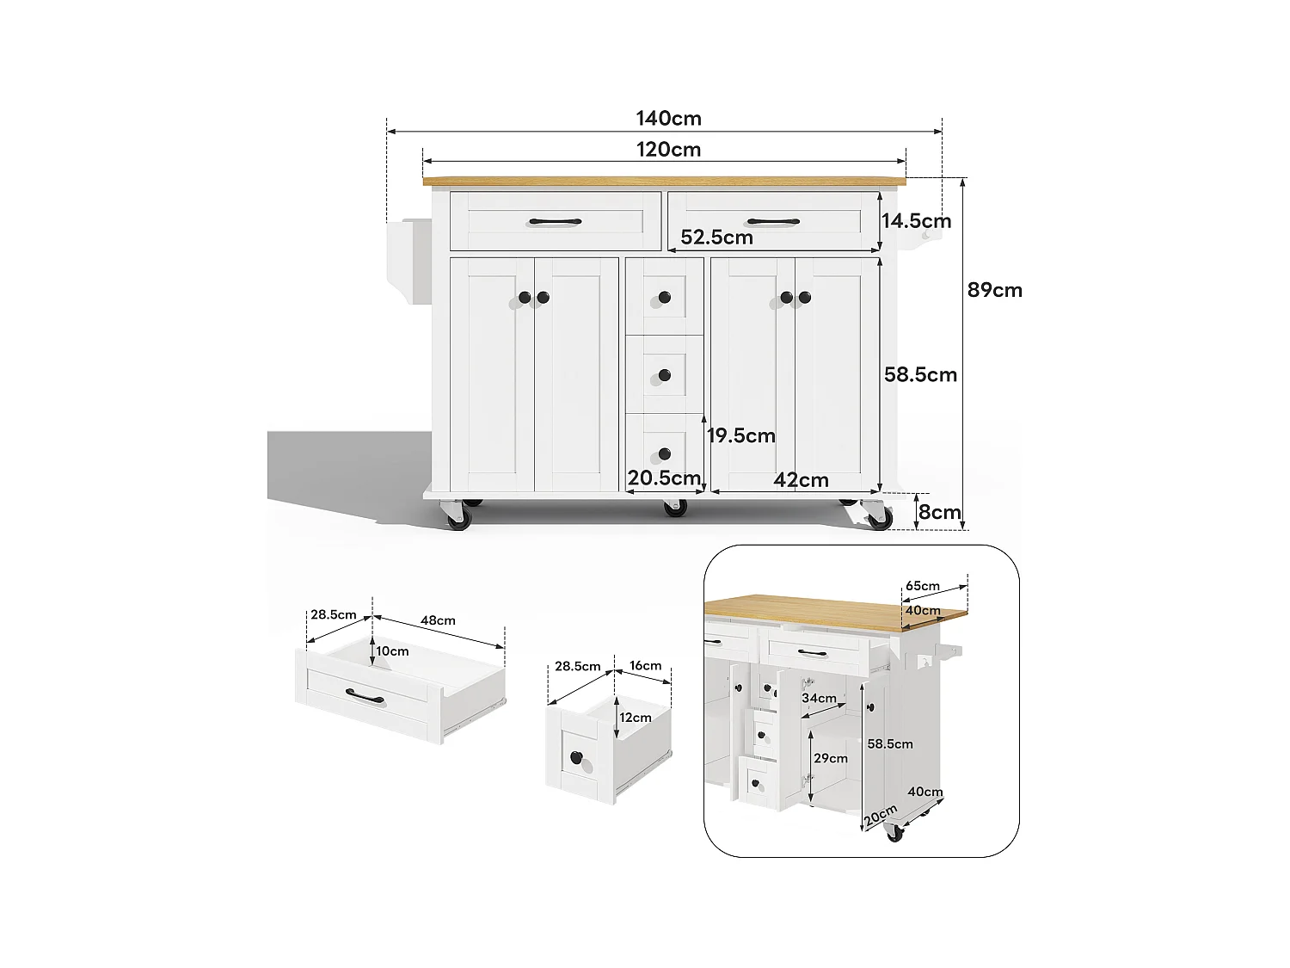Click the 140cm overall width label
pos(668,118)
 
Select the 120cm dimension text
pos(668,150)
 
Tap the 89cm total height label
pos(994,290)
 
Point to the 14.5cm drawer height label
pos(916,220)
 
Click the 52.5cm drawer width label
pos(716,237)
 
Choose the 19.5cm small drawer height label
pos(741,436)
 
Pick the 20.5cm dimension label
pos(664,478)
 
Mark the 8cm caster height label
pos(939,513)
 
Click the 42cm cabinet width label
pos(801,480)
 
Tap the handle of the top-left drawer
pos(555,222)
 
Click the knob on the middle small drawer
pos(664,375)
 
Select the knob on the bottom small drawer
pos(664,453)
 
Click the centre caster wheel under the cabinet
pos(675,509)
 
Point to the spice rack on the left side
pos(408,262)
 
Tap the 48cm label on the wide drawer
pos(438,620)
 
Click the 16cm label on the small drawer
pos(645,665)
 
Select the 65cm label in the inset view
pos(922,586)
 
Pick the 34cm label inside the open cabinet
pos(819,698)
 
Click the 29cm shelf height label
pos(831,758)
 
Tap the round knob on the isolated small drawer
pos(576,758)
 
